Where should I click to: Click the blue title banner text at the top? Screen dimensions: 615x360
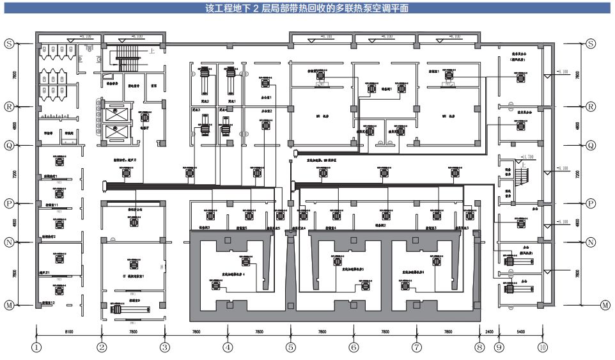307,8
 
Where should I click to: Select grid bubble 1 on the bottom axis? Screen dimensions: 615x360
37,348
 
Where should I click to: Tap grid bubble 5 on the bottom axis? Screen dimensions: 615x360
291,348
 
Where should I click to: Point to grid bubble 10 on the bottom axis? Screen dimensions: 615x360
543,348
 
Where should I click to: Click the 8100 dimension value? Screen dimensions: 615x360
69,333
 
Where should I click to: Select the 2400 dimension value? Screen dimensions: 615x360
489,333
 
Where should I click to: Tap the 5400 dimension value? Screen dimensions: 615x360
520,333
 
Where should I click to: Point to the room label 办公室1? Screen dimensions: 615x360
267,98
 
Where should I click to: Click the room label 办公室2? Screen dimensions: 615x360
267,111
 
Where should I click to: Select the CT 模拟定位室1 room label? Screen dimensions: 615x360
134,276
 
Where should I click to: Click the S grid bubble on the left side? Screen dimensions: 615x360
10,43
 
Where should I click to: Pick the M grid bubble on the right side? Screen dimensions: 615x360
605,305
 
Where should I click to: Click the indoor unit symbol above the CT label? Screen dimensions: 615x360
134,263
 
